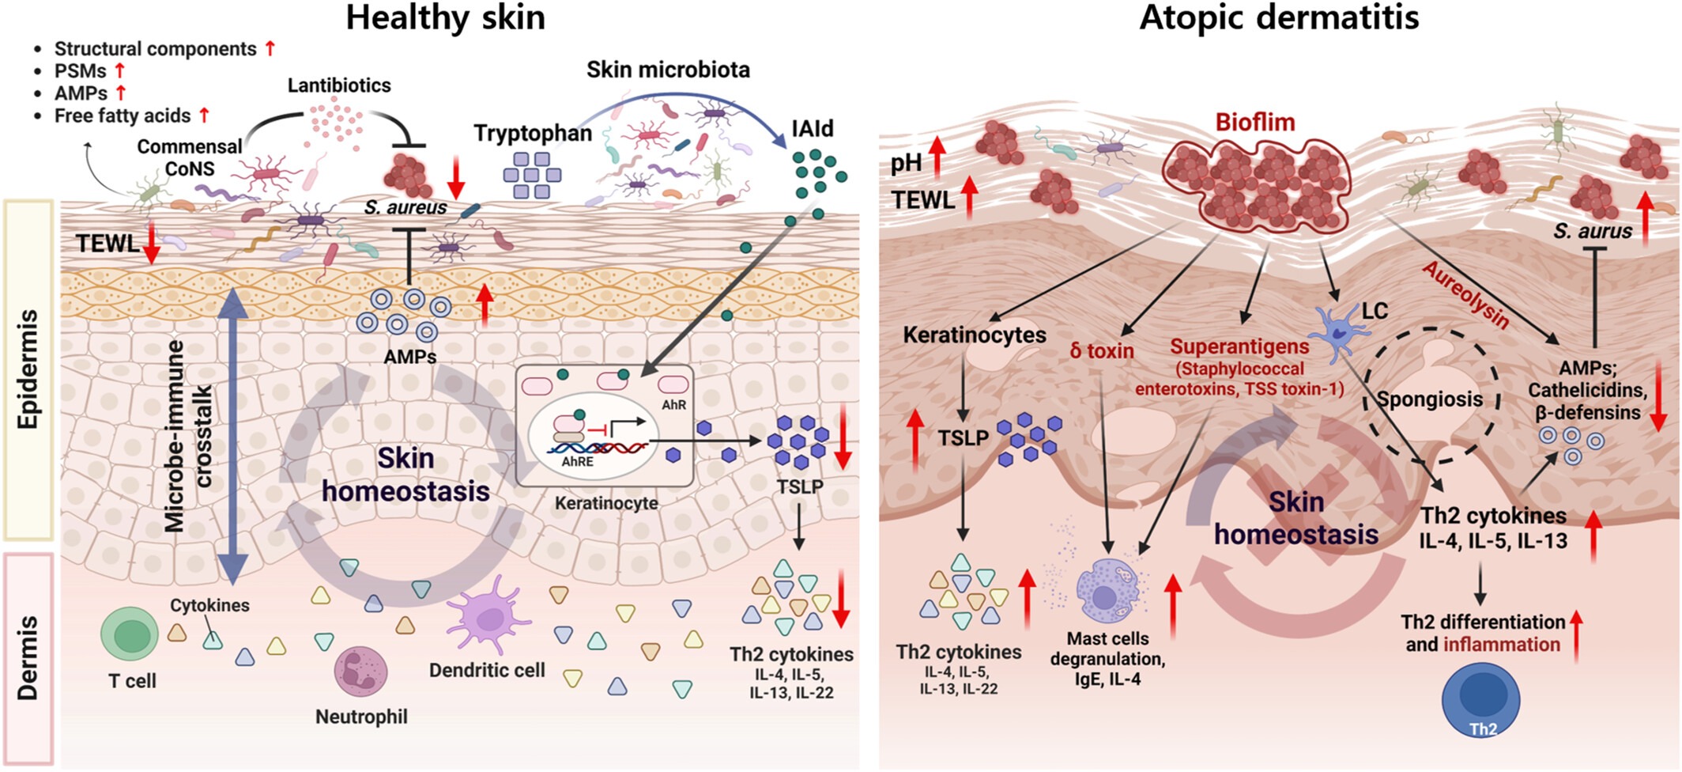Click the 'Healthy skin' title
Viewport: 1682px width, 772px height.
click(445, 17)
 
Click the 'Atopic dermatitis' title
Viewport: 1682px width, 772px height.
click(1278, 17)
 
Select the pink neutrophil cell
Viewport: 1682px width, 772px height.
click(361, 672)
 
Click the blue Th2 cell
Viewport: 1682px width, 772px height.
click(1480, 700)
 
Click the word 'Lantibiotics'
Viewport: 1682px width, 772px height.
click(339, 85)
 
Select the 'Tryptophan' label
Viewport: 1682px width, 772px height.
click(533, 134)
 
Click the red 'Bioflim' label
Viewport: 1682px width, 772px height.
click(1254, 123)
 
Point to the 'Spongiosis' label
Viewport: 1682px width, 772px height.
click(1430, 399)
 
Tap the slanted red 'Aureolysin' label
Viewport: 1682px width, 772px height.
click(1465, 295)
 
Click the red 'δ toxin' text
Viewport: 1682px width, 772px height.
click(1102, 350)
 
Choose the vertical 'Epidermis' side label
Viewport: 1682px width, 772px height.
click(28, 369)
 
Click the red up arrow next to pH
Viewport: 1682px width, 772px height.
click(937, 156)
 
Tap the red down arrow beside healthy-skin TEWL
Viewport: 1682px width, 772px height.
click(152, 243)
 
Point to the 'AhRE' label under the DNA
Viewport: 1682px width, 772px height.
click(577, 461)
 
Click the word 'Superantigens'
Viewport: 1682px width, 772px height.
click(1239, 346)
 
